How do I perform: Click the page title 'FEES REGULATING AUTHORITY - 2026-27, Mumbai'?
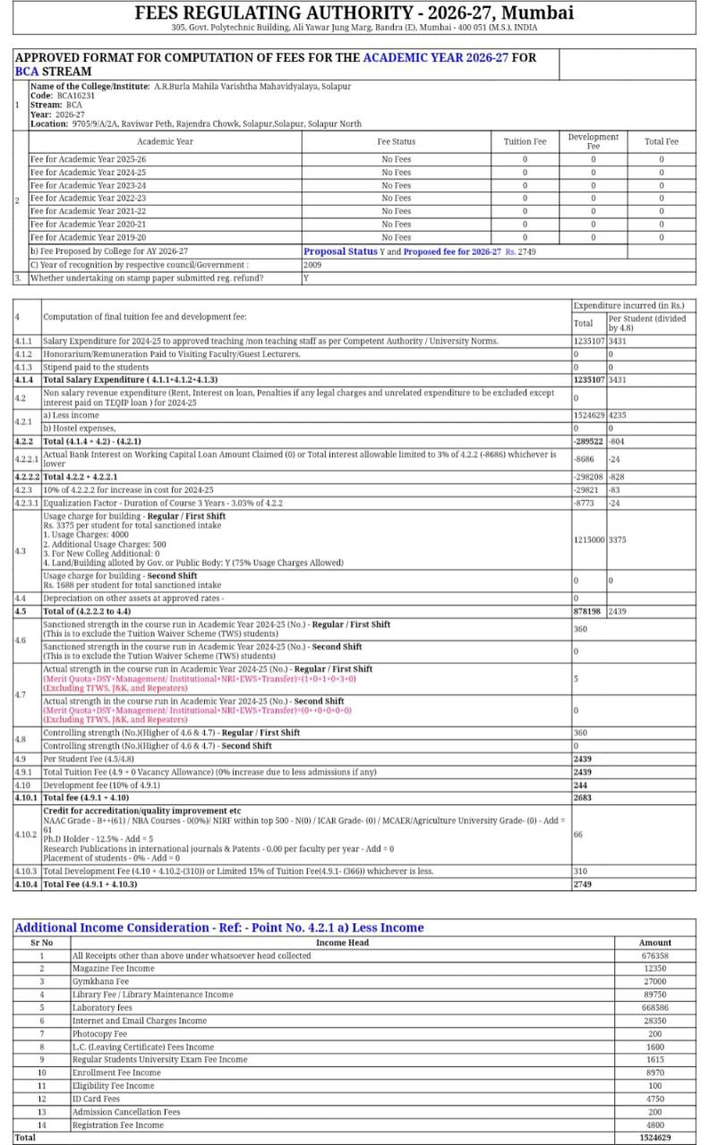354,13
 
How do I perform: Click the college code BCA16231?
77,95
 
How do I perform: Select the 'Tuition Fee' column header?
525,141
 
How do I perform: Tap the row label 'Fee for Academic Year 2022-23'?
88,199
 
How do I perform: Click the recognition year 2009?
312,265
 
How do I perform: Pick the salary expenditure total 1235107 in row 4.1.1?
588,341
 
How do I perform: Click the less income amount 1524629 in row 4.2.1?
588,415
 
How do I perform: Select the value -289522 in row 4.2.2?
588,441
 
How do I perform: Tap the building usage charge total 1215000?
588,539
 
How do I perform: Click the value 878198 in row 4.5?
588,610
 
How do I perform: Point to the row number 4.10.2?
26,835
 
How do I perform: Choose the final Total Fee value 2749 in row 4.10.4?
583,884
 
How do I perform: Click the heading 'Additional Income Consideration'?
219,928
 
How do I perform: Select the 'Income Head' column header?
342,943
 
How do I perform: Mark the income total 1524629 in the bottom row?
654,1137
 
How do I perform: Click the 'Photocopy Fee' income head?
99,1033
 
